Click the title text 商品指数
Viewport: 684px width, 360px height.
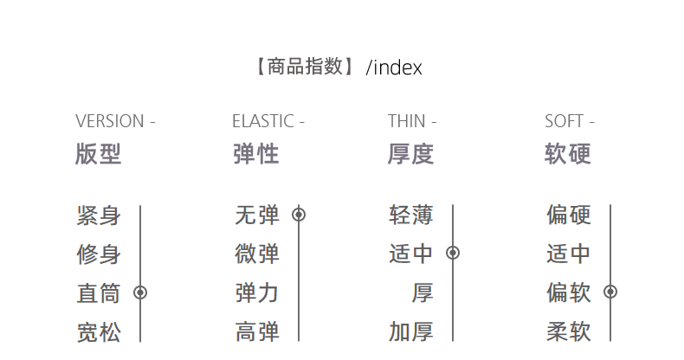306,67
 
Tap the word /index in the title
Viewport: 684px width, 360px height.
394,67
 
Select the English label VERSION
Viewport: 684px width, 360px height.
109,121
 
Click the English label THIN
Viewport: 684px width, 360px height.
407,121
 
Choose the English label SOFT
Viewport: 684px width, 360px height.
564,121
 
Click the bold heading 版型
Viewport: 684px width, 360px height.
99,154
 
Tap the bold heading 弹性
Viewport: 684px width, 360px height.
255,154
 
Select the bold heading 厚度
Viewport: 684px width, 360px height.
410,154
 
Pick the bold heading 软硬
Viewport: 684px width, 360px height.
568,154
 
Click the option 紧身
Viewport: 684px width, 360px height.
99,215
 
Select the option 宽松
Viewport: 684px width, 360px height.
99,331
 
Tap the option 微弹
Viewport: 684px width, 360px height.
257,254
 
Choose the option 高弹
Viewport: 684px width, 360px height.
257,331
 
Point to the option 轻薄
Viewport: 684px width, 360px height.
411,215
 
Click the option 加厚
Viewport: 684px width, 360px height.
411,331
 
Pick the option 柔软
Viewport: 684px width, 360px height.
569,331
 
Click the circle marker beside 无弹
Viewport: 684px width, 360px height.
299,215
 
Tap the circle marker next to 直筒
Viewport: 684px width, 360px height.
140,293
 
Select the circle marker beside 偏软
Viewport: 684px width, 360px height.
610,292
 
